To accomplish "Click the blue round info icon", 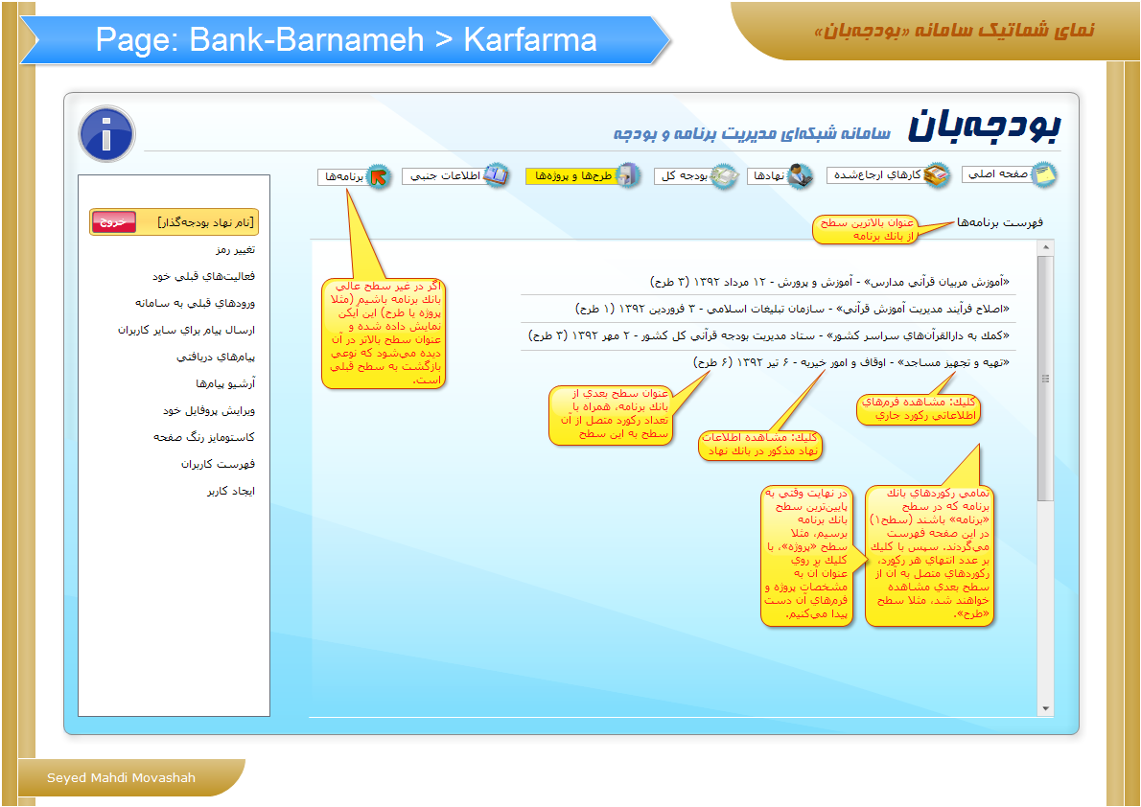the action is [x=107, y=134].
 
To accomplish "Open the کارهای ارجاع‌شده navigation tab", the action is [x=888, y=175].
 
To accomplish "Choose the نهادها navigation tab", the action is [x=780, y=176].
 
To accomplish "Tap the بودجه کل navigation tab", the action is [x=696, y=176].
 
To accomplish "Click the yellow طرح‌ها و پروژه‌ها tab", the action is [x=582, y=176].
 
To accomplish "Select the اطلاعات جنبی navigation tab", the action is [x=455, y=176].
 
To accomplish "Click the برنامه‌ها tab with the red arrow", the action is [x=355, y=176].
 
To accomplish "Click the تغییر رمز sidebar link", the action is [x=235, y=249].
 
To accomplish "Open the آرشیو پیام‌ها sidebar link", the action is [x=225, y=383].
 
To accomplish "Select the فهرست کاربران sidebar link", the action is [x=218, y=464].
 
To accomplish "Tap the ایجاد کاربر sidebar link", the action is [x=231, y=491].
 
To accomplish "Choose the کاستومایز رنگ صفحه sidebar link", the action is [x=203, y=437].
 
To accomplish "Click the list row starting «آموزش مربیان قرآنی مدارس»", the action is [x=829, y=282].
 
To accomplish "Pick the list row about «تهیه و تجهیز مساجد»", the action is [x=851, y=362].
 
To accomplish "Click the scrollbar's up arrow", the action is [x=1046, y=247].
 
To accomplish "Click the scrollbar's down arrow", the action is [x=1046, y=709].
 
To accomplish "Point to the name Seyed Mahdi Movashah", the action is [x=122, y=778].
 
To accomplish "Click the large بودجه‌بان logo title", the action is [x=984, y=126].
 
